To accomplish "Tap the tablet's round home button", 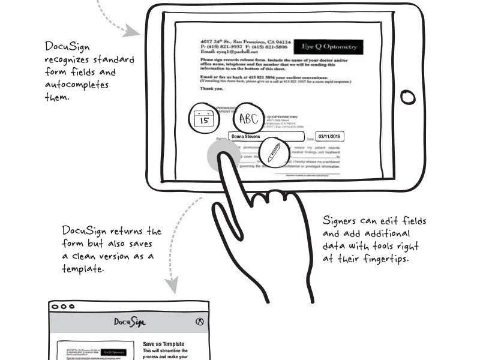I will (x=407, y=97).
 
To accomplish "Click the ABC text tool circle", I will (x=248, y=119).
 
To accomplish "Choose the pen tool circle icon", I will (x=274, y=152).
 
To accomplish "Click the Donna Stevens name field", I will (x=267, y=137).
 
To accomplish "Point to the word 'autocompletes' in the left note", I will (x=77, y=85).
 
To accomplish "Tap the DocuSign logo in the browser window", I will (x=129, y=322).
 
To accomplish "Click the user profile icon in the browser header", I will (x=200, y=322).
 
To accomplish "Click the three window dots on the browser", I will (x=60, y=306).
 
